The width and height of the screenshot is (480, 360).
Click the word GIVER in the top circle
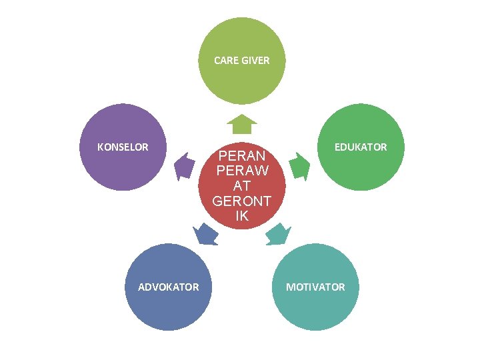click(x=257, y=60)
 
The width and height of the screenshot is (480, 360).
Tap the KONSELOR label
click(x=123, y=147)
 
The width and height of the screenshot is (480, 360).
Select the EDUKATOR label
click(x=361, y=147)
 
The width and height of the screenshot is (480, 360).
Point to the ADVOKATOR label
click(x=168, y=287)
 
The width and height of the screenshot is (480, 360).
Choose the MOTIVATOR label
click(x=315, y=287)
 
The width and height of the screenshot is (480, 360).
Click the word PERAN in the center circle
click(x=242, y=156)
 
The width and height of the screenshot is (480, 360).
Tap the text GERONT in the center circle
click(x=242, y=201)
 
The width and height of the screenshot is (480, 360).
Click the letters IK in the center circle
click(x=242, y=216)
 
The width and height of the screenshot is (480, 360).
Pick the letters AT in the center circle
click(x=242, y=186)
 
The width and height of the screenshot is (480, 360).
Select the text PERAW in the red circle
click(x=242, y=171)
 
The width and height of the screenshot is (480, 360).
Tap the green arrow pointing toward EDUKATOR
click(x=300, y=166)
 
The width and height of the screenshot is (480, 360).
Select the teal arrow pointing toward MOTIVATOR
click(x=278, y=234)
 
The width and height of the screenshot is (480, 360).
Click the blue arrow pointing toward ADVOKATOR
click(x=205, y=234)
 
